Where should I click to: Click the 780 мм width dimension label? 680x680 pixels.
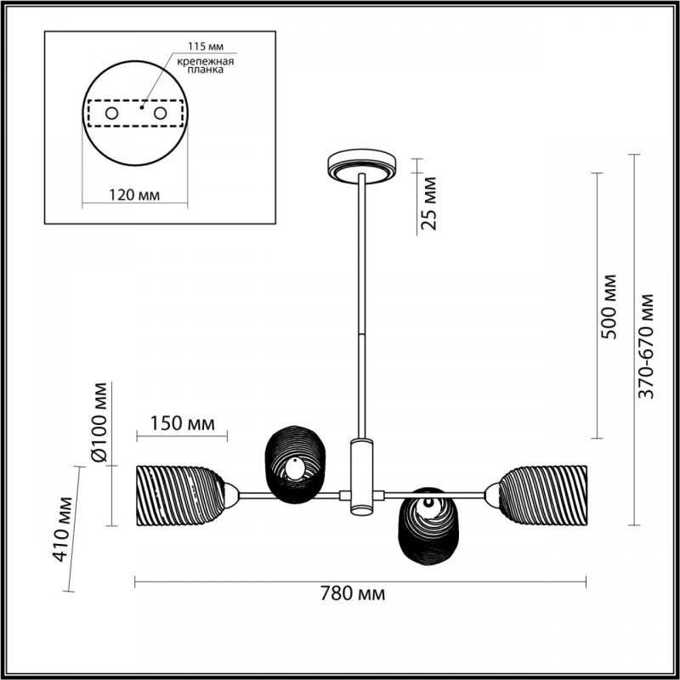(353, 593)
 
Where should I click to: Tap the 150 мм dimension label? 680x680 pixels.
(182, 422)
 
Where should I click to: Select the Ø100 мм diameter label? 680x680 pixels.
(99, 422)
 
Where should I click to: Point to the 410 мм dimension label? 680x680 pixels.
(62, 529)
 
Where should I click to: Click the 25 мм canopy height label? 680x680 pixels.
(429, 203)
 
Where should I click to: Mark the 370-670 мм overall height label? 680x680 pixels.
(646, 346)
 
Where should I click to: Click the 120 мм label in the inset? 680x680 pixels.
(134, 195)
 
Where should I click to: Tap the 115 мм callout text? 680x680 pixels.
(206, 47)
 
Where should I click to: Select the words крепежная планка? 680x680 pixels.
(206, 65)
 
